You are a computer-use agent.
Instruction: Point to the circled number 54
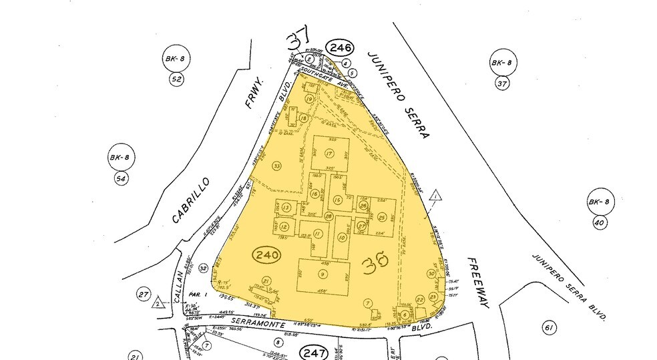tap(121, 178)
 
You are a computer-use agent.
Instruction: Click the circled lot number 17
tap(328, 154)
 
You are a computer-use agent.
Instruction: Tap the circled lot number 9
tap(323, 275)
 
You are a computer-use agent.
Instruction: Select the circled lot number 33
tap(276, 165)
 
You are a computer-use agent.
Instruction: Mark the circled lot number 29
tap(382, 217)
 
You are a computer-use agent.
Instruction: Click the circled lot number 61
tap(550, 327)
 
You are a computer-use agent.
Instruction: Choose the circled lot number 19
tap(309, 99)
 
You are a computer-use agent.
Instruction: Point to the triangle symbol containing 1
tap(435, 196)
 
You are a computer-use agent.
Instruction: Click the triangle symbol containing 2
tap(158, 303)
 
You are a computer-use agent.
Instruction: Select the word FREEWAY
tap(479, 283)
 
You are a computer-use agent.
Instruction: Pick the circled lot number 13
tap(286, 208)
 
